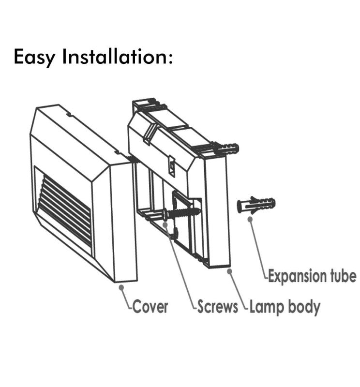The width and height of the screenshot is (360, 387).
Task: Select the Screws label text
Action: [x=218, y=306]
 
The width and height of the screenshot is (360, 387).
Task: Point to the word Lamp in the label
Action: [x=267, y=306]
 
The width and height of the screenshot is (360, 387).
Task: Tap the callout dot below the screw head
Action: [x=165, y=224]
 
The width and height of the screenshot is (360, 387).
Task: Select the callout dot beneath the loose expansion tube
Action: [x=250, y=219]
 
